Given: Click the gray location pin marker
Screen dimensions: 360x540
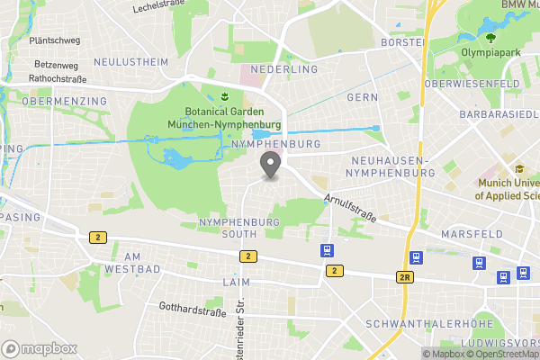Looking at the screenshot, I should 269,165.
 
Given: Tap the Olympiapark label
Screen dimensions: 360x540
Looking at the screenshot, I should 491,53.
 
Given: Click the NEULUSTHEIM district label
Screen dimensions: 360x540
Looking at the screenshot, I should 131,62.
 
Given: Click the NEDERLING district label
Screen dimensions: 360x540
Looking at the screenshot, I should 284,69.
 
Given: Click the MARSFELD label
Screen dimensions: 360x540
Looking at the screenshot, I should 472,234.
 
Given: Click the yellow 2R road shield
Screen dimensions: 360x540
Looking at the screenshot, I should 405,277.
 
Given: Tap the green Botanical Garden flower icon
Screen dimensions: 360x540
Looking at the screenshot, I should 222,95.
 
